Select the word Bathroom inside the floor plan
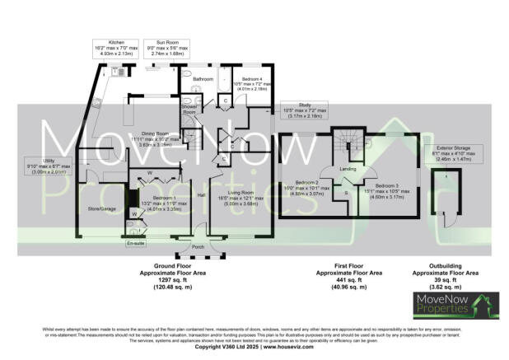(x=203, y=79)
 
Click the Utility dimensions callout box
(x=49, y=168)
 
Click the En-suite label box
(x=133, y=244)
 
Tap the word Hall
(x=200, y=195)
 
